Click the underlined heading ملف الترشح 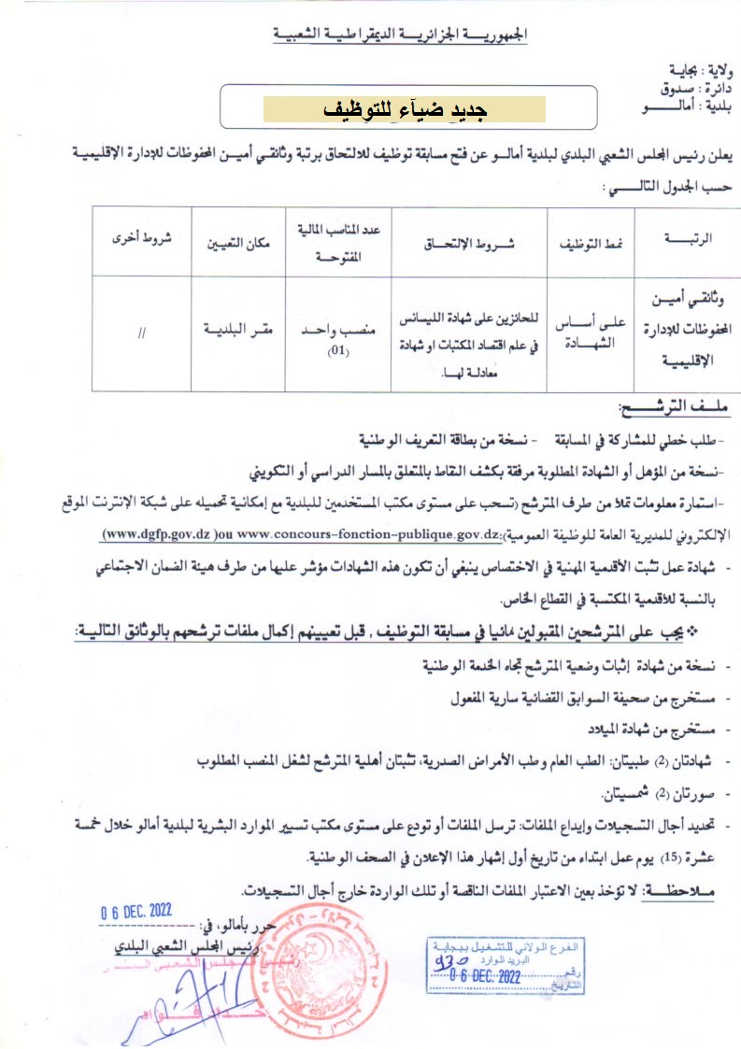pos(673,410)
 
